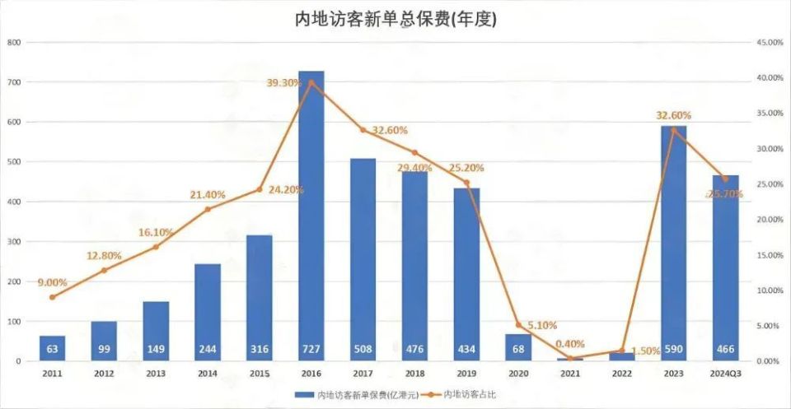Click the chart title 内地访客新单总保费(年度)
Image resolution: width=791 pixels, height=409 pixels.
395,18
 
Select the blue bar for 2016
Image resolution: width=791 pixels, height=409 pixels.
311,216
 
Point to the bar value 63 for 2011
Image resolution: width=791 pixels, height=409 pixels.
52,350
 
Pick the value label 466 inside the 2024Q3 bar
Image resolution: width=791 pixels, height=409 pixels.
725,350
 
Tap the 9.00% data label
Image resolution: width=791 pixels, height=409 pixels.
51,282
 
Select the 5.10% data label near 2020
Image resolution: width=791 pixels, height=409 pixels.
541,325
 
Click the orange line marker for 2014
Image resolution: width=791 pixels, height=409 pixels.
208,209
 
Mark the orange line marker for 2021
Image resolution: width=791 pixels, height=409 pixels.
570,358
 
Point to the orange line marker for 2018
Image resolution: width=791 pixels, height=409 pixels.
414,152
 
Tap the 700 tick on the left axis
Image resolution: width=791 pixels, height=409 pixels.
14,82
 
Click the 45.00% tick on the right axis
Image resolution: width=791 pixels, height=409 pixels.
769,42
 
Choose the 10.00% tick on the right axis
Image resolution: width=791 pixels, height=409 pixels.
769,290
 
